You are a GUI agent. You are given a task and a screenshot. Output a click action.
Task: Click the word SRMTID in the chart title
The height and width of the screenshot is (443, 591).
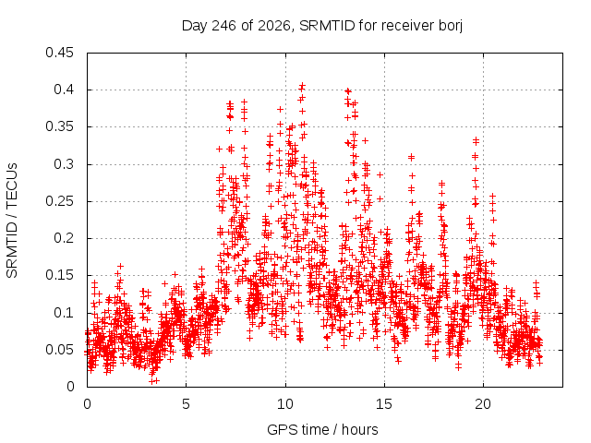point(327,26)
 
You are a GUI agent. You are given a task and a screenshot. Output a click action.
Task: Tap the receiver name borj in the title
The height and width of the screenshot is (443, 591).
point(451,27)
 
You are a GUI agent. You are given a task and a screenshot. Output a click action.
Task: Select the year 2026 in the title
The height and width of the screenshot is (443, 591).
point(274,26)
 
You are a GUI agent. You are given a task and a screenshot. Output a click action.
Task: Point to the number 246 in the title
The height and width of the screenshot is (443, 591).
point(223,26)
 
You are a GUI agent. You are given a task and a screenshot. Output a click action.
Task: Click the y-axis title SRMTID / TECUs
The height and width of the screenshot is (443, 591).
point(12,221)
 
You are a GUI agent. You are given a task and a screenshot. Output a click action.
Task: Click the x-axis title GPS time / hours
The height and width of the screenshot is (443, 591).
point(322,429)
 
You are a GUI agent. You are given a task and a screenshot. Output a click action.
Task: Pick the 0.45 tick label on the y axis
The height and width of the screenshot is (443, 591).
point(59,53)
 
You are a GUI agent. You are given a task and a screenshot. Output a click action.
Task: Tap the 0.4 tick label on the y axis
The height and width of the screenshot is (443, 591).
point(64,90)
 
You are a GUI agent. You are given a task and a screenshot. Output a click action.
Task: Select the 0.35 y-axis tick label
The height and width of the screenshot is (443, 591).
point(59,126)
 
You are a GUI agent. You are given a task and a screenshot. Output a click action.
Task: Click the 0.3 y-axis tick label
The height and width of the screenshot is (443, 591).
point(64,164)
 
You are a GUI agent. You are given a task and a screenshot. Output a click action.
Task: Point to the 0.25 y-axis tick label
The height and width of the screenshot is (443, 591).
point(59,201)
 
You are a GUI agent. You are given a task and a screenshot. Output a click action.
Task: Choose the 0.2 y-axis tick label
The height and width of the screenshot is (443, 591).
point(64,238)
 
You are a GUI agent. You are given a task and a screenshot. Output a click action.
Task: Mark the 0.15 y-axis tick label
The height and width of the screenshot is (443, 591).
point(59,275)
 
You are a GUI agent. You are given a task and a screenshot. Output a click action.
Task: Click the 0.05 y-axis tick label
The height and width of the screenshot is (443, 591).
point(59,350)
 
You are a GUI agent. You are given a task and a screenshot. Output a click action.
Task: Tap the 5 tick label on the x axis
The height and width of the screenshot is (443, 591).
point(186,404)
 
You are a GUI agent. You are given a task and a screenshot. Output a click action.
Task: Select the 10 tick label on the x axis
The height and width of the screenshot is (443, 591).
point(285,404)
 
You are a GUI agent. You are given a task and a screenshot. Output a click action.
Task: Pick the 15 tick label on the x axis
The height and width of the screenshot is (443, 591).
point(384,404)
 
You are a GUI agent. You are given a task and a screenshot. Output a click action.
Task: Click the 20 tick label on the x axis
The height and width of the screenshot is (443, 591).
point(483,404)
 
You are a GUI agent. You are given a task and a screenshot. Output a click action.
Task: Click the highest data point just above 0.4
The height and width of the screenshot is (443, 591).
point(302,86)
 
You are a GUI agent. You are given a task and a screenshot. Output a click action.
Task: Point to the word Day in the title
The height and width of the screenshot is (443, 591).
point(195,27)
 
